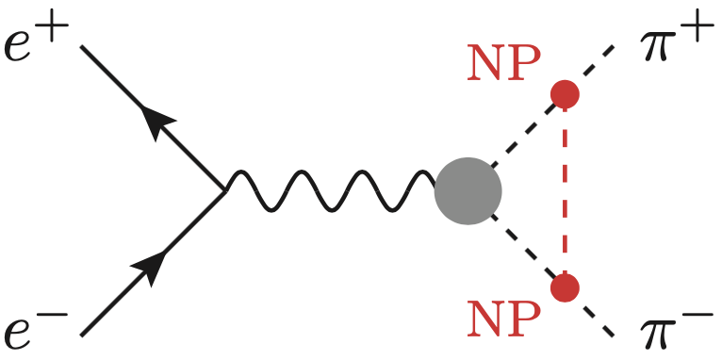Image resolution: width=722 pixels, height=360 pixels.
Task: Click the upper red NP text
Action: tap(504, 64)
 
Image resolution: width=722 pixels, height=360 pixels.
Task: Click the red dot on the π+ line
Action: tap(565, 93)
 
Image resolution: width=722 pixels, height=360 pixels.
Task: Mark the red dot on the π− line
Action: tap(565, 286)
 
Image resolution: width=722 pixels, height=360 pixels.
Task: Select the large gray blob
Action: tap(468, 190)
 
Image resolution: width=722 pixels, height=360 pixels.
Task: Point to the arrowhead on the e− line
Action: tap(150, 267)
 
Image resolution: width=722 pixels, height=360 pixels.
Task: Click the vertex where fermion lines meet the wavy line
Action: tap(224, 190)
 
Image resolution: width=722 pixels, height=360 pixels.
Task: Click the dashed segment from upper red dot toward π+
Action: tap(591, 68)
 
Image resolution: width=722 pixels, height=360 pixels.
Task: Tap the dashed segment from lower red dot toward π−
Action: tap(591, 312)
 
